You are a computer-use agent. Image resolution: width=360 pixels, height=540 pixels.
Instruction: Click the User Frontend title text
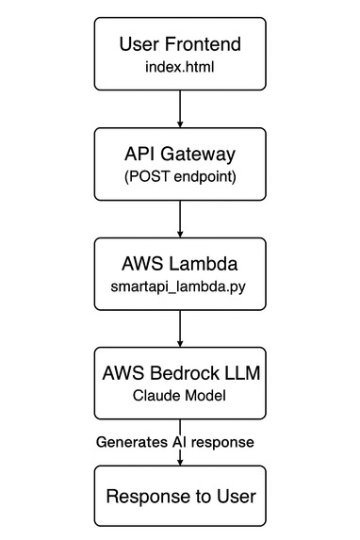(179, 43)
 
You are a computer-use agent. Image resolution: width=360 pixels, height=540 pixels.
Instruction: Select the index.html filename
(179, 67)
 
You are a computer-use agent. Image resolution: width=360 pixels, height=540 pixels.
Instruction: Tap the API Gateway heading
(179, 155)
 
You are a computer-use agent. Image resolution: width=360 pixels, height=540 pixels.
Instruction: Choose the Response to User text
(179, 496)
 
